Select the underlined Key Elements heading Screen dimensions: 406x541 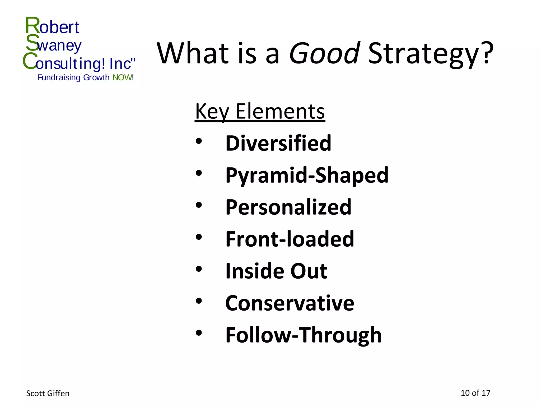260,112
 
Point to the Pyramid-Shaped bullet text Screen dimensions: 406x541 307,175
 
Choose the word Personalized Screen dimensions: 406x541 288,207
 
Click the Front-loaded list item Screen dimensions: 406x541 290,239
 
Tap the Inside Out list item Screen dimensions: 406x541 276,271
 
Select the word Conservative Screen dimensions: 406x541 290,303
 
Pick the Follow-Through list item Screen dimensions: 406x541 304,335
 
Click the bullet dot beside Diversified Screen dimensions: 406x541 199,141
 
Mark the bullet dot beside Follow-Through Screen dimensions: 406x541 199,333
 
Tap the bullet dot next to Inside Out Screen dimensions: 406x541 199,269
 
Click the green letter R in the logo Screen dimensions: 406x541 32,25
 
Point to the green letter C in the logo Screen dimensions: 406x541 29,61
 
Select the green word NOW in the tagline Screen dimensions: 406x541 122,78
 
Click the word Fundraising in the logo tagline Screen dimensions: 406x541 59,78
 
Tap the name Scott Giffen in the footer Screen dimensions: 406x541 48,394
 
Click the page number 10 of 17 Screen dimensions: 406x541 475,393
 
